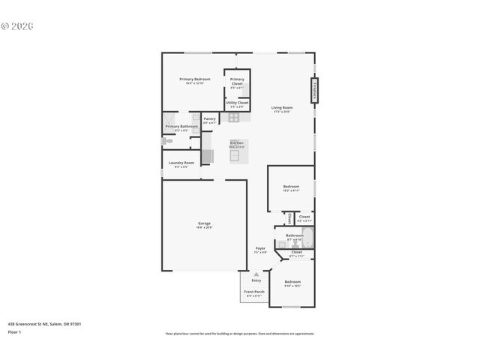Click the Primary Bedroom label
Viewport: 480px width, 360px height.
(x=194, y=79)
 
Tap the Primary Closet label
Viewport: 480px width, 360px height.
(x=236, y=79)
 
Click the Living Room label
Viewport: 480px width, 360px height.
(x=281, y=108)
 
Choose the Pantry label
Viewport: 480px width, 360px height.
(x=209, y=118)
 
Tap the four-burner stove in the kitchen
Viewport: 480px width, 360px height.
(x=233, y=118)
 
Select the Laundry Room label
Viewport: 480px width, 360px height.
(x=181, y=163)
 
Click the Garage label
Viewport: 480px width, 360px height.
(x=204, y=223)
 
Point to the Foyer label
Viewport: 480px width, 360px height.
(x=260, y=248)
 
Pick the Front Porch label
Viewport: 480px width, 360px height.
(x=254, y=291)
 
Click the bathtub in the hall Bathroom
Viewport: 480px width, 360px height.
(x=307, y=239)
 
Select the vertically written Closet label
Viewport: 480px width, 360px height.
(x=289, y=219)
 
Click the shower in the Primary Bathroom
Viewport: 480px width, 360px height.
(x=172, y=119)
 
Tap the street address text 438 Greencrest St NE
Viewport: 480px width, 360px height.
(x=44, y=323)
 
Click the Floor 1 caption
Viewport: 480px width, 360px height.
(x=14, y=331)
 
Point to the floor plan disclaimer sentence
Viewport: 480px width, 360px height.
(x=239, y=333)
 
